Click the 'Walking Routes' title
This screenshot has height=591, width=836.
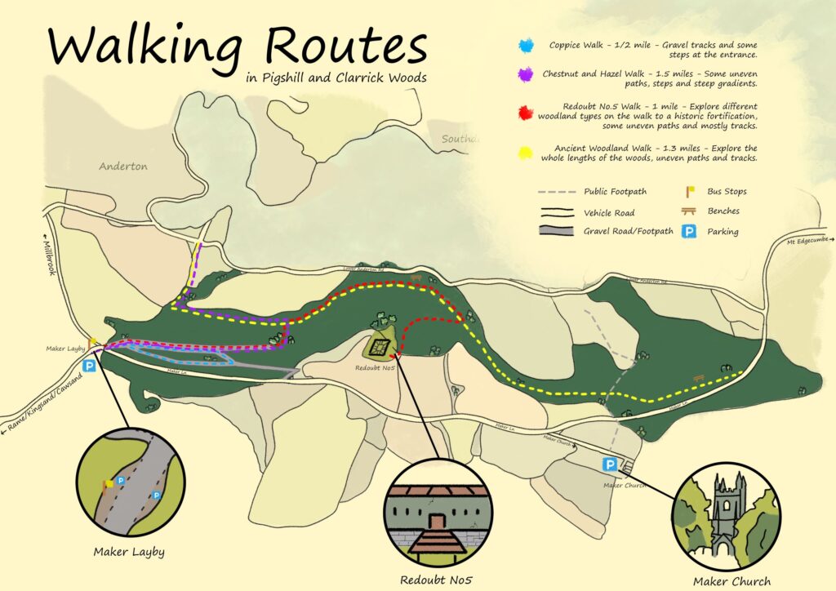(x=237, y=47)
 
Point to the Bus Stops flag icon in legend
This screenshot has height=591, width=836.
(x=690, y=192)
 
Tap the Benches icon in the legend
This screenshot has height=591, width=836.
(x=690, y=211)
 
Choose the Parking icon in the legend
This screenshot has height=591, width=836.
(x=690, y=232)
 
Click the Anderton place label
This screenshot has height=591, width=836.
(x=123, y=167)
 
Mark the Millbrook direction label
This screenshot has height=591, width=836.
(x=47, y=257)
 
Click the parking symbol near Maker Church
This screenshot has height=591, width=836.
(x=609, y=464)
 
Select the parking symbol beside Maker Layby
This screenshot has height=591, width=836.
(x=90, y=367)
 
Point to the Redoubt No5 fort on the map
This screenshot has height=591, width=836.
(x=377, y=347)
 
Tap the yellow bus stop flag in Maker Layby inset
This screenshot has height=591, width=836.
(x=109, y=484)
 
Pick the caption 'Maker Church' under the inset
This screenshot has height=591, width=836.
(x=731, y=581)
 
